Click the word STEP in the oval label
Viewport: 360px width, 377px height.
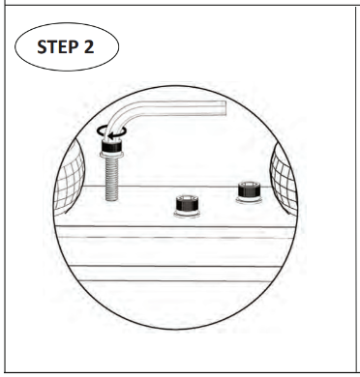coord(57,47)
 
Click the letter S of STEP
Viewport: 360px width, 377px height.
coord(42,47)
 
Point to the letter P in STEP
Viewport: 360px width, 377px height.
coord(73,47)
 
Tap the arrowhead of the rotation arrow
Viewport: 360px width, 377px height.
coord(110,136)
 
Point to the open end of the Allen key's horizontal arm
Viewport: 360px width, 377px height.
coord(225,108)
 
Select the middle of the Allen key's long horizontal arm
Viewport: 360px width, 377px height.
coord(182,108)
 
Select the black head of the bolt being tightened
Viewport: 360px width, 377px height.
coord(111,146)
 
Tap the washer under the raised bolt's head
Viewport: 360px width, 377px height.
coord(111,155)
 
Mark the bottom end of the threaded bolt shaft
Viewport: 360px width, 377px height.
coord(111,199)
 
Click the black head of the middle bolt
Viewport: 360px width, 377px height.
coord(187,203)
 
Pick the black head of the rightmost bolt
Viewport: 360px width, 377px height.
coord(249,189)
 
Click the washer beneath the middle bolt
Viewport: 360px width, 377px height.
coord(187,214)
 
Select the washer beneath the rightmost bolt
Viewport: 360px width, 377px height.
coord(249,200)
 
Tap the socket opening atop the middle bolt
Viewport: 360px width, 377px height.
coord(187,198)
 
